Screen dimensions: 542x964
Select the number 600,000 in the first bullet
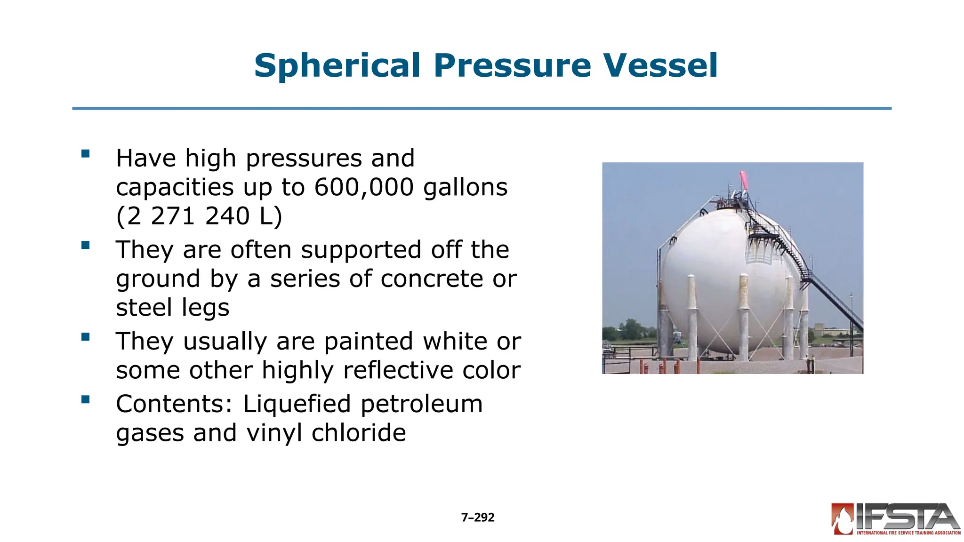click(x=363, y=187)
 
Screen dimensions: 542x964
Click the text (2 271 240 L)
click(x=199, y=216)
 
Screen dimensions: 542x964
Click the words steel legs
click(x=172, y=308)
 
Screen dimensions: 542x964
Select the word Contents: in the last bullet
click(x=175, y=404)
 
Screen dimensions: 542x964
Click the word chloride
click(x=359, y=433)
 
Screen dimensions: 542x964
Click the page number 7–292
click(x=477, y=518)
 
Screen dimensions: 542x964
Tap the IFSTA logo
click(x=895, y=519)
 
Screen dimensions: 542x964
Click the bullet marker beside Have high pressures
click(x=85, y=153)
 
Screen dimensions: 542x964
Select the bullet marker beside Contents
click(x=85, y=399)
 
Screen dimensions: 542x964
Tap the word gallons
click(x=465, y=187)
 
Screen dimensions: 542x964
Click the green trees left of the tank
click(x=630, y=329)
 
